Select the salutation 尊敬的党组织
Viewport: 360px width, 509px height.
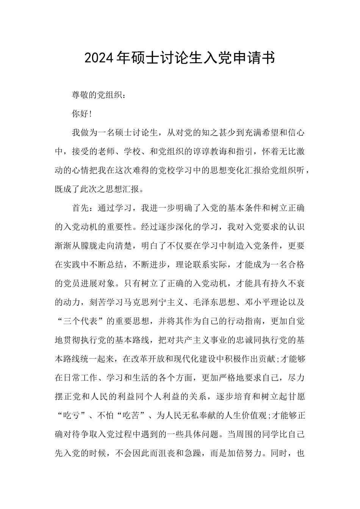98,95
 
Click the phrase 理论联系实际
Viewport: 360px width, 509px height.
201,265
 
